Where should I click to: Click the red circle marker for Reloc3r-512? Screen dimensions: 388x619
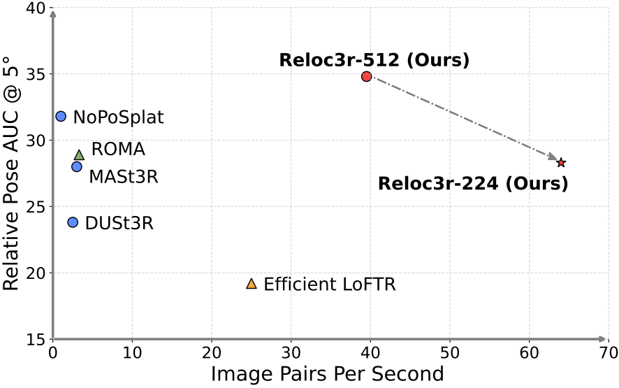tap(367, 76)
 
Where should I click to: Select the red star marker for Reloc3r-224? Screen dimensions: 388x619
tap(561, 162)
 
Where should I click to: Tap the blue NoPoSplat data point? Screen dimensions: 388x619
tap(61, 116)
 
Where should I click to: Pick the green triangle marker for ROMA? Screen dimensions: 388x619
tap(79, 155)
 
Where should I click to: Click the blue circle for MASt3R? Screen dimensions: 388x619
tap(77, 166)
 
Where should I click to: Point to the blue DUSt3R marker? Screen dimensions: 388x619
tap(73, 222)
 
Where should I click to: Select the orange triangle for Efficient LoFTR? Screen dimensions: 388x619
tap(252, 284)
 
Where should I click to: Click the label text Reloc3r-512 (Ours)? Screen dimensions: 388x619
tap(374, 59)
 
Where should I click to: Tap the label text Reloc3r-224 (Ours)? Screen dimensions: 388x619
tap(473, 185)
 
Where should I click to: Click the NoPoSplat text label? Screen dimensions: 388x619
tap(118, 117)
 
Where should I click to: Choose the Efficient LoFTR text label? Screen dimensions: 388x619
tap(330, 285)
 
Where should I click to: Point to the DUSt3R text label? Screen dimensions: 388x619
tap(119, 224)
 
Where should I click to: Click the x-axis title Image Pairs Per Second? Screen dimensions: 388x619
tap(327, 374)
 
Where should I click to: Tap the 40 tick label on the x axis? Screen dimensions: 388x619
tap(370, 353)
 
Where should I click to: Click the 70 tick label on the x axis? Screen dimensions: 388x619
tap(608, 353)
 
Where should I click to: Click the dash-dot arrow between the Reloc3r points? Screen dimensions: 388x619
tap(461, 118)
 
